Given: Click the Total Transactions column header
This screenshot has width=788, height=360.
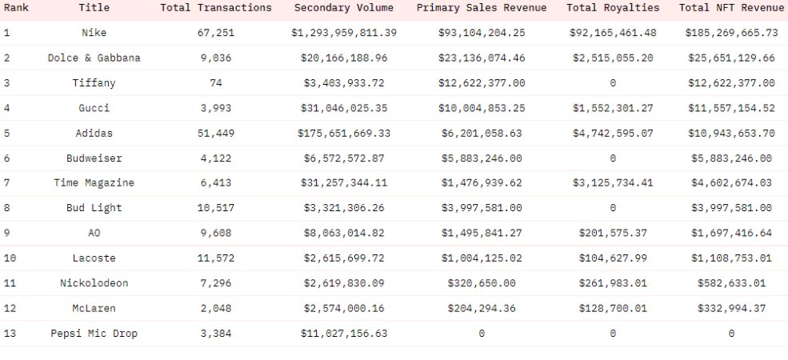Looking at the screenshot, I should (216, 8).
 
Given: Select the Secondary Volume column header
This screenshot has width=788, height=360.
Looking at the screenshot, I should (344, 8).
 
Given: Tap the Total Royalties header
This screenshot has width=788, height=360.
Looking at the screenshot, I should (613, 8).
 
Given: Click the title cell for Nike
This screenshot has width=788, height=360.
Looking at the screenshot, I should (94, 33).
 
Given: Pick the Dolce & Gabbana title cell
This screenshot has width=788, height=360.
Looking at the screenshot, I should (94, 58).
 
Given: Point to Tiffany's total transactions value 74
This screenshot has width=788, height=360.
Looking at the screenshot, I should (216, 83).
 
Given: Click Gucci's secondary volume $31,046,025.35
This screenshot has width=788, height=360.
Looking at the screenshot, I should (344, 108).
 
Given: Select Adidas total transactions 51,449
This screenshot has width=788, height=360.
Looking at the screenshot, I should (216, 133).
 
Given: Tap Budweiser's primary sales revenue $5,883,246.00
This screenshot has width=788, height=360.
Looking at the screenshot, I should (481, 158).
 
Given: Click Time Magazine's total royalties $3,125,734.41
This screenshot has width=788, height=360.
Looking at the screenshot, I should (613, 183).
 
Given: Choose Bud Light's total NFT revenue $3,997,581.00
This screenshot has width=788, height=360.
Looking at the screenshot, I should (730, 208).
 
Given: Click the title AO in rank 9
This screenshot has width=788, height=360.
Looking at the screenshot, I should (94, 234).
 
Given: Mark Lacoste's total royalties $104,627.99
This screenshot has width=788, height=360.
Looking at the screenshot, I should (613, 258).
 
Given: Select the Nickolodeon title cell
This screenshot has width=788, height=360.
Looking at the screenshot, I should (94, 283).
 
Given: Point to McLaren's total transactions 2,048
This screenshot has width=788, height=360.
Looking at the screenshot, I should (216, 309).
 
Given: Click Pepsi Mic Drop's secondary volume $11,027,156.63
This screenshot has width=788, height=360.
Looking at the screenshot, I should (344, 334).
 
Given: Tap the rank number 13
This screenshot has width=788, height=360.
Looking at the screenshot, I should (10, 334).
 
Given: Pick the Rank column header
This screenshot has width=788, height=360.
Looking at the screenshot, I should (17, 8).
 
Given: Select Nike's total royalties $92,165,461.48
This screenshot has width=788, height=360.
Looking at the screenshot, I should (613, 33).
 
